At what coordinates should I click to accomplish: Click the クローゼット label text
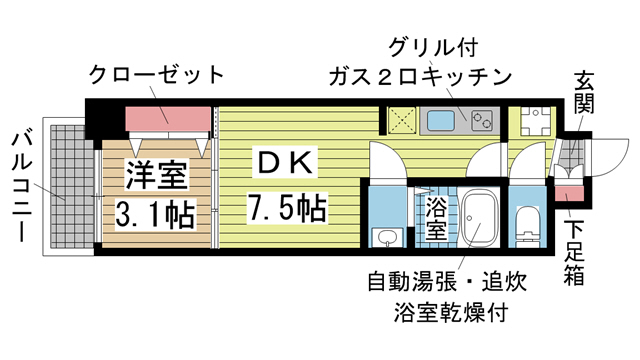click(155, 74)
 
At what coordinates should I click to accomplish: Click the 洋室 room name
click(154, 177)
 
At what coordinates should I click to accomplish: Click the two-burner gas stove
click(482, 121)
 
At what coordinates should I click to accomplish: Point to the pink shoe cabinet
click(567, 193)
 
